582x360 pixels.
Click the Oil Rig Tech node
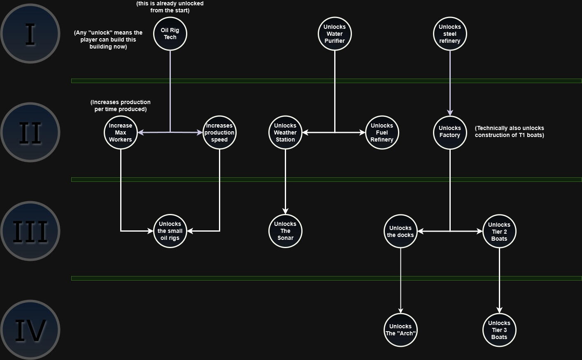point(170,34)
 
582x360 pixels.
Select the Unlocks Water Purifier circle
point(335,34)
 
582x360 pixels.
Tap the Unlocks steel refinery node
point(450,34)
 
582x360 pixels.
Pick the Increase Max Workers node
point(121,132)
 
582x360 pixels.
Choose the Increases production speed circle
point(219,132)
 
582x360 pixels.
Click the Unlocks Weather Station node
point(285,132)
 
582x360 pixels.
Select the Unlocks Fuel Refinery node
point(382,132)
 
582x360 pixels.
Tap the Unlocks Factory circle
point(450,132)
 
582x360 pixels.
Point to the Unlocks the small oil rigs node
point(170,231)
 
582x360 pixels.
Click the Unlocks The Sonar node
point(285,231)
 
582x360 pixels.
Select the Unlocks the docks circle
point(400,231)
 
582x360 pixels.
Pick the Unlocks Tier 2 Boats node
point(499,231)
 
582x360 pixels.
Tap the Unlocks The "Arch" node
point(400,330)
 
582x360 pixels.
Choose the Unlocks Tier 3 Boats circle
point(499,330)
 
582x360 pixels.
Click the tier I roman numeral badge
point(30,34)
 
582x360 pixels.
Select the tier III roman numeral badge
point(30,231)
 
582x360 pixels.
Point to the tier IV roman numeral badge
point(30,330)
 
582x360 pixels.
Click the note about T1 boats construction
point(510,132)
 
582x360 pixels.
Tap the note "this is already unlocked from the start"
point(170,7)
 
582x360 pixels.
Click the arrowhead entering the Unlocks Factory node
point(450,112)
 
